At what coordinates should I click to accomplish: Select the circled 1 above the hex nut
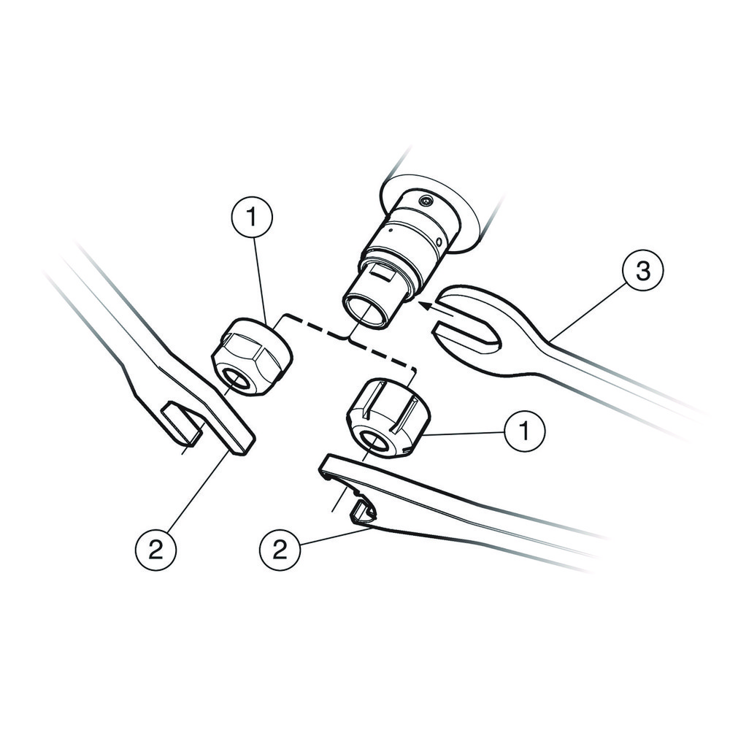click(x=252, y=216)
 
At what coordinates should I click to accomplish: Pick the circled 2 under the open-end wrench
click(x=155, y=549)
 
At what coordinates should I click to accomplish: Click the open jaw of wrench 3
click(x=467, y=328)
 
